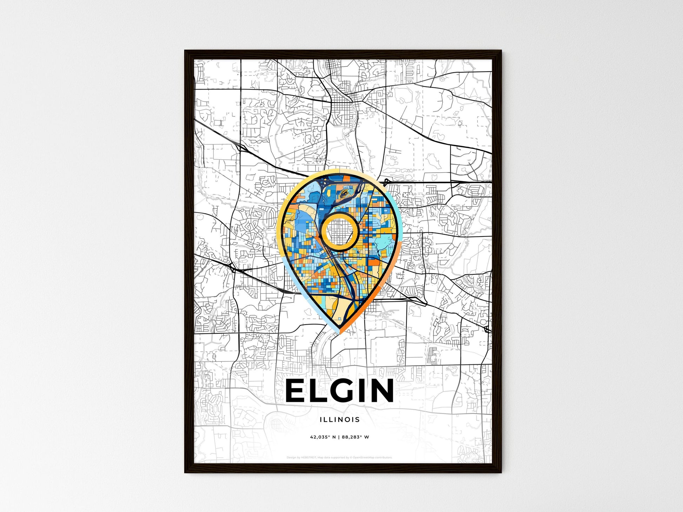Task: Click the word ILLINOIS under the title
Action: [x=340, y=419]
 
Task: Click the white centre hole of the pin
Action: [x=339, y=232]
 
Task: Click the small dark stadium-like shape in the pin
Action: [x=345, y=193]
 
